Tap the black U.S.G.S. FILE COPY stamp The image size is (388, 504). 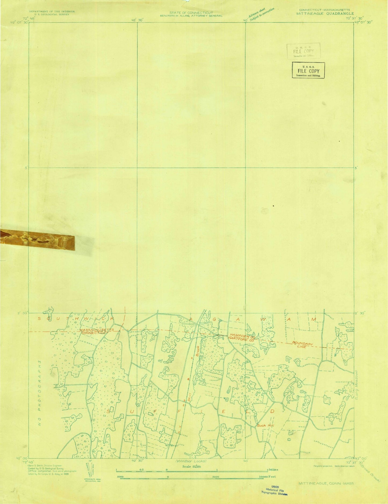click(x=308, y=70)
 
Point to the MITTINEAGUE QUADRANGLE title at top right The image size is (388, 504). click(x=325, y=13)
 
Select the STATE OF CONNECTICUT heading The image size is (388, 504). click(x=191, y=13)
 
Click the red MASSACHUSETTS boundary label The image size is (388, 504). click(x=93, y=330)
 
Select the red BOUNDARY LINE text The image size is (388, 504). click(x=303, y=345)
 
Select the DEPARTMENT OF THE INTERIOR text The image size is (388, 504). click(x=52, y=12)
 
